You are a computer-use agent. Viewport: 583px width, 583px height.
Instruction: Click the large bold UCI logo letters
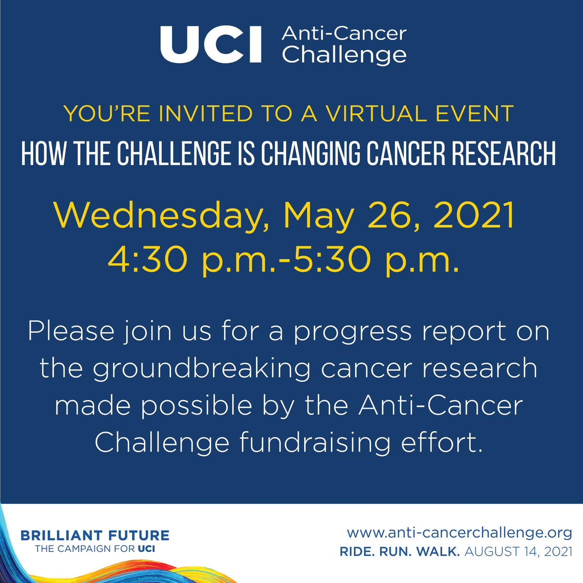(211, 45)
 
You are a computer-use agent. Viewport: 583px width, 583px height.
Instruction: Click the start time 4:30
(147, 260)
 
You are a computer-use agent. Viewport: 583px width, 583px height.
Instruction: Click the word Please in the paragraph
(71, 331)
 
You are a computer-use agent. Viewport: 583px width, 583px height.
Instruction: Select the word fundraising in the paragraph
(315, 443)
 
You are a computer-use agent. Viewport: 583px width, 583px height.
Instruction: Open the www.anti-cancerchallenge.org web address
(459, 533)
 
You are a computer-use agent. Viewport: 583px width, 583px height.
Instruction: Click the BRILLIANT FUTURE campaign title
(95, 536)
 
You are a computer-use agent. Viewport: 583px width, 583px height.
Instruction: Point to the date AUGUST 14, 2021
(518, 552)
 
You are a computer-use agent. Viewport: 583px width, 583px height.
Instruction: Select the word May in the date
(319, 216)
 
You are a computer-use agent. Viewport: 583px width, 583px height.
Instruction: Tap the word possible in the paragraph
(197, 406)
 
